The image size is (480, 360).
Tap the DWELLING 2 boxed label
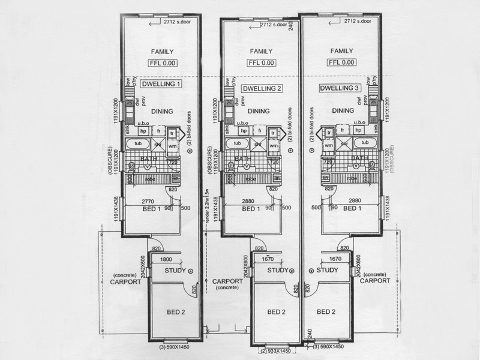[262, 89]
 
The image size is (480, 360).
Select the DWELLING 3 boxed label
[340, 88]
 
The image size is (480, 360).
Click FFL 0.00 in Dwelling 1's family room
[161, 62]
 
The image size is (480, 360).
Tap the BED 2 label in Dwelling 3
[326, 311]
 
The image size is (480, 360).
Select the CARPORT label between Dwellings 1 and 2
[227, 281]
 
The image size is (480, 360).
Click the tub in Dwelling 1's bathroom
[137, 143]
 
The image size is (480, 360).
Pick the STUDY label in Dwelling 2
[277, 271]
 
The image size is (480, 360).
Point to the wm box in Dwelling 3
[329, 146]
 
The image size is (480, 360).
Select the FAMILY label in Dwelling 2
[260, 52]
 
